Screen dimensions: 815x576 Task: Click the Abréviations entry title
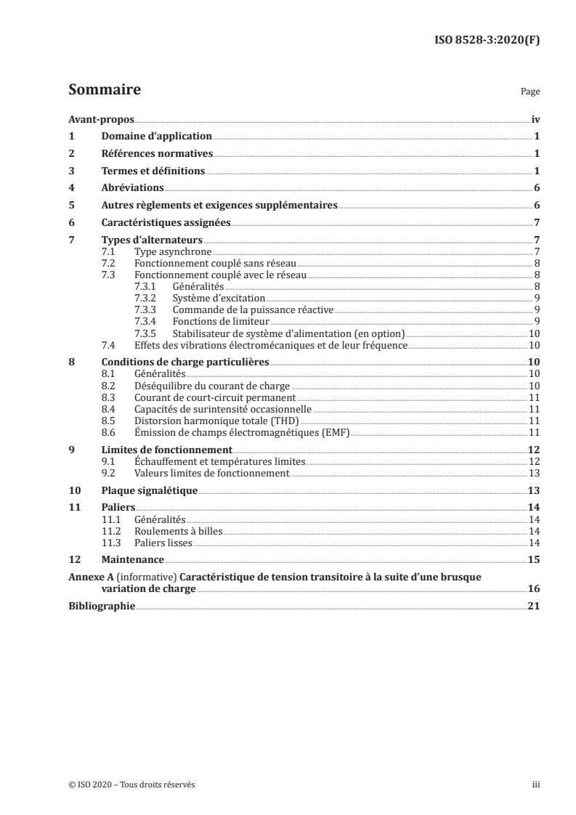(132, 188)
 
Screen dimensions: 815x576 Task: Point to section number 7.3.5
(147, 333)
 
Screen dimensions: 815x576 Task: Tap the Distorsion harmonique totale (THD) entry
(216, 421)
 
